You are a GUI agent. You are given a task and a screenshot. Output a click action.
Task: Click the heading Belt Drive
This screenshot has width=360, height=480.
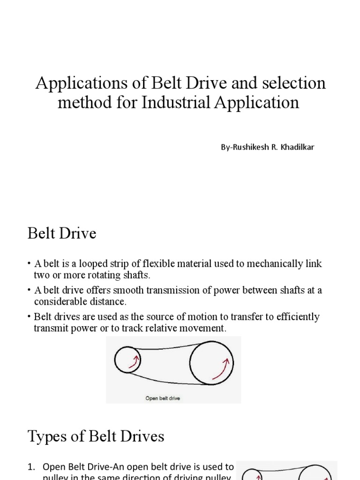click(62, 233)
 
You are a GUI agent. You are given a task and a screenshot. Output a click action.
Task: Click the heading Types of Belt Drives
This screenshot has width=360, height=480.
click(96, 437)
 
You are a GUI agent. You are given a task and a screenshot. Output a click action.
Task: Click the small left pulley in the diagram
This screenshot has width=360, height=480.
click(127, 360)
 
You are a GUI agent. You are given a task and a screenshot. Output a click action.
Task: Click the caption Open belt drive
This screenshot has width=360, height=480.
click(163, 398)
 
